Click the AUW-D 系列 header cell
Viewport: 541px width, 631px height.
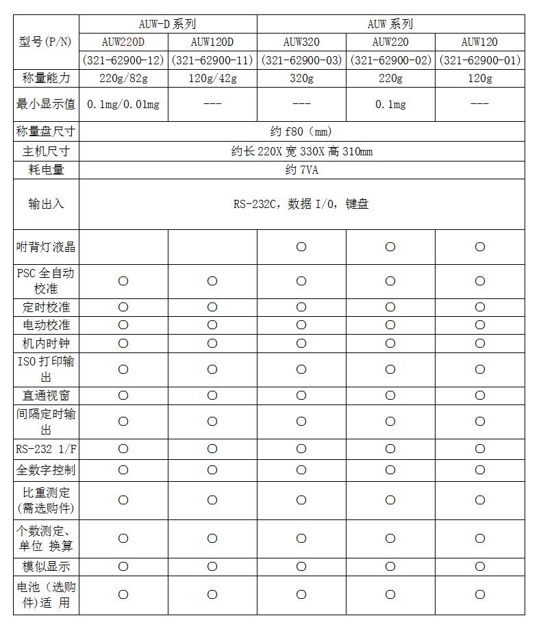[167, 24]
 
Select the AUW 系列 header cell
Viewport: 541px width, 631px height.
[390, 24]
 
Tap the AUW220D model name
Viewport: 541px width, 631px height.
[123, 42]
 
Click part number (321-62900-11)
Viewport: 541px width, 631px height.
[212, 60]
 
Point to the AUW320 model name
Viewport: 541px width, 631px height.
[301, 42]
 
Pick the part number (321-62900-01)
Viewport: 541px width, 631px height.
[479, 60]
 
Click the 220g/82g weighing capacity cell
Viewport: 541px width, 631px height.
[123, 78]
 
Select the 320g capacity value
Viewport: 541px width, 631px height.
[301, 78]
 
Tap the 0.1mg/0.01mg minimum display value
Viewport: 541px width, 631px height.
[123, 105]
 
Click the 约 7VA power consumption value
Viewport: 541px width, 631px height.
[301, 170]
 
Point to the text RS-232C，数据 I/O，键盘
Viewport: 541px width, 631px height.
[301, 204]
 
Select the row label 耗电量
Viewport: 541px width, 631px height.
[46, 170]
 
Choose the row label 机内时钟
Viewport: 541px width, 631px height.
[46, 343]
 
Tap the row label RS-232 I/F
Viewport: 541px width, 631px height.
[46, 449]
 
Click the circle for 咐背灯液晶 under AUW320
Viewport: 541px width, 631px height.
[301, 247]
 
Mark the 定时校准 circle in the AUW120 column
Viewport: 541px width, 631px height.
[479, 307]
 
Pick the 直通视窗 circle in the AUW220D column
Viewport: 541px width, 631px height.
[123, 396]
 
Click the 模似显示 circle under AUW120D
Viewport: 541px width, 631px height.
[212, 567]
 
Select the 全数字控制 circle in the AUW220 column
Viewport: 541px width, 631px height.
[390, 470]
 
